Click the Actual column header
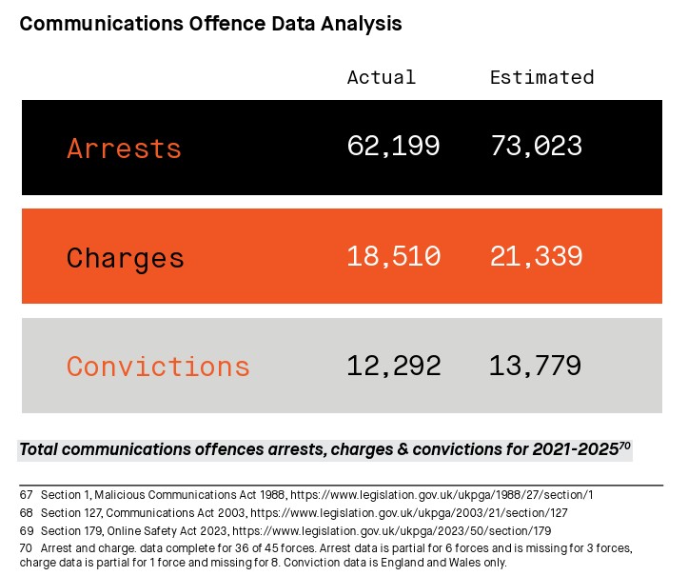[382, 77]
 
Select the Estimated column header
[541, 77]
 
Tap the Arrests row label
[124, 148]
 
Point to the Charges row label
[125, 258]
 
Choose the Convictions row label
[158, 367]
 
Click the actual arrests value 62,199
[393, 147]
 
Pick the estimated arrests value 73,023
[536, 147]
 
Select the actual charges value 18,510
[394, 256]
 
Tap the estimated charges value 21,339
[536, 256]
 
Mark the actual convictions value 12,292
[394, 367]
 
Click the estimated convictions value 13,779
[536, 367]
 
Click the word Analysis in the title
[361, 24]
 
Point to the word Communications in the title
[102, 24]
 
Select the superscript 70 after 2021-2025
[624, 447]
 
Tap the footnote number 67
[27, 495]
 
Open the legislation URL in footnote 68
[409, 513]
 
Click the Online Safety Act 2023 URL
[391, 531]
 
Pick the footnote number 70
[27, 548]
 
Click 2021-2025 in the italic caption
[575, 450]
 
